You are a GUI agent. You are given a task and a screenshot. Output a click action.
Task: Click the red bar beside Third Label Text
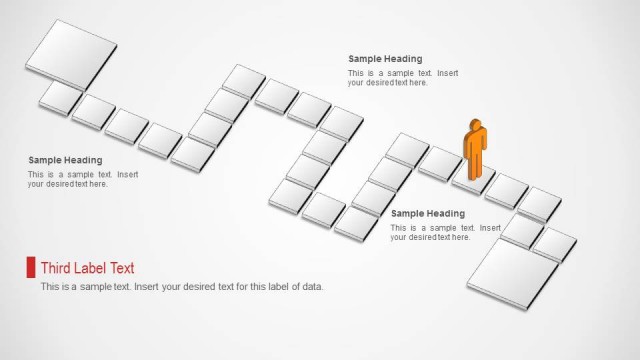pos(31,267)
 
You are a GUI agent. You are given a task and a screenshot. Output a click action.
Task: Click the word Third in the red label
pos(56,268)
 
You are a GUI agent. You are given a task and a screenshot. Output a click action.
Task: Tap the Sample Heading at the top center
pos(385,59)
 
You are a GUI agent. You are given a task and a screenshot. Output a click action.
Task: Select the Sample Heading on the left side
pos(65,160)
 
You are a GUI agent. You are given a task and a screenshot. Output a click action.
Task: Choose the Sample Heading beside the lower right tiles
pos(428,213)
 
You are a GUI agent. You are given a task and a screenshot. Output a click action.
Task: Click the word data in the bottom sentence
pos(311,287)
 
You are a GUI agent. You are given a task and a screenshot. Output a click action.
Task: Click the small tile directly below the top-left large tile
pos(60,96)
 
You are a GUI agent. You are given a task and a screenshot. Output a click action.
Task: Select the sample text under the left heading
pos(83,180)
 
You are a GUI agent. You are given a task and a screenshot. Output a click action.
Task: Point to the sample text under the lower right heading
pos(445,233)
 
